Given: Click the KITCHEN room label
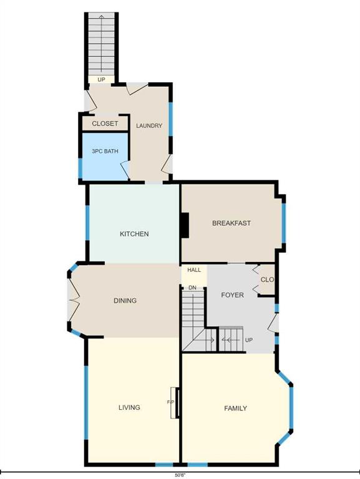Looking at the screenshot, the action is tap(134, 234).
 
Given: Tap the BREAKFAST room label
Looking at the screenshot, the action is tap(231, 223).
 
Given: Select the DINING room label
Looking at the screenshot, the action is tap(125, 301).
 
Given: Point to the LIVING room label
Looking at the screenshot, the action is tap(129, 407).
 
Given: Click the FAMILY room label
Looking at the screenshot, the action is tap(235, 409).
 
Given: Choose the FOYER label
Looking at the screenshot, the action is tap(232, 295).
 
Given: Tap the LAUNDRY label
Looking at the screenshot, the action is tap(149, 125).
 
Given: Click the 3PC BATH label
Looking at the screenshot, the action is tap(105, 151).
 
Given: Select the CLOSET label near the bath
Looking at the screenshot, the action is tap(105, 123).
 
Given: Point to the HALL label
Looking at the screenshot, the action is tap(194, 270).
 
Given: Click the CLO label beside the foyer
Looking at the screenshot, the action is tap(267, 279).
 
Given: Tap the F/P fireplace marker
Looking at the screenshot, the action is tap(170, 402).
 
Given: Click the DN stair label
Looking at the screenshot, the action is tap(192, 288).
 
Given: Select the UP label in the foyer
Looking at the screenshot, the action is tap(249, 340).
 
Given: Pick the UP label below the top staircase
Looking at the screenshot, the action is tap(101, 80).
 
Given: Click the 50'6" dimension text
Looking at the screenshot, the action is tap(180, 475).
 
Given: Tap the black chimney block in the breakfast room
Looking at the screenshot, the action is tap(185, 225).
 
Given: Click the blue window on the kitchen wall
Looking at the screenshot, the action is tap(87, 223).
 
